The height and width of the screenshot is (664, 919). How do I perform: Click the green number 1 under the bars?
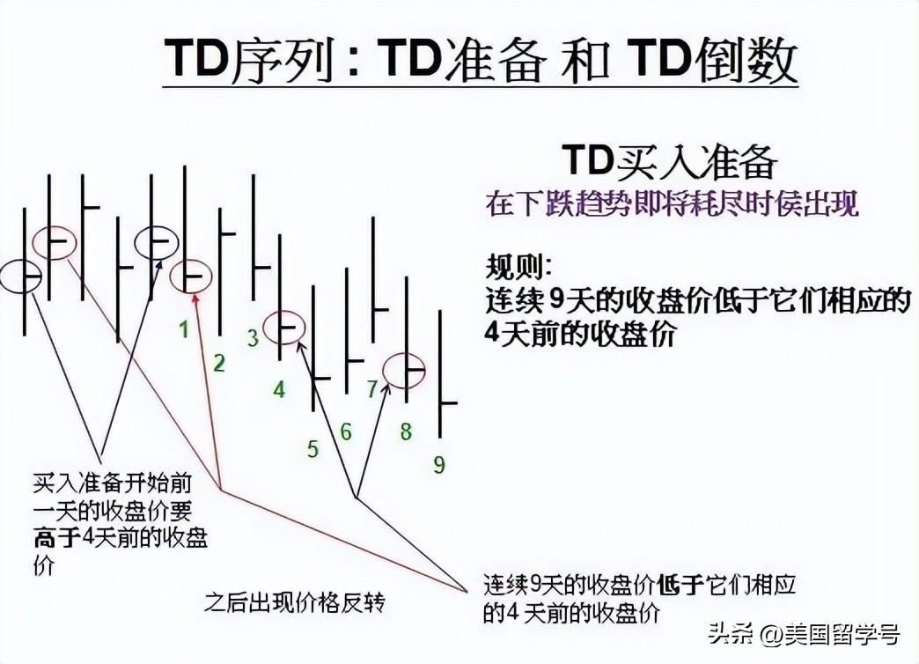[x=184, y=330]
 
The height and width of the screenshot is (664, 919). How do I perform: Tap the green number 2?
[x=219, y=362]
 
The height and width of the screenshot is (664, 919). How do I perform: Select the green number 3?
[x=253, y=337]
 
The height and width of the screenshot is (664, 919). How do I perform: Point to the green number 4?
[x=279, y=388]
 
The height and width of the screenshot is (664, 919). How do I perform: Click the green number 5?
[x=312, y=449]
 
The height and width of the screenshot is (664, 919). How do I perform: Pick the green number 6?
[x=346, y=432]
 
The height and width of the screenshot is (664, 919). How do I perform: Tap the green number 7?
[x=371, y=388]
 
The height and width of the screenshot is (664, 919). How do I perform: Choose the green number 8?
[x=406, y=432]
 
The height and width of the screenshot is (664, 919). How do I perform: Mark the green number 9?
[x=438, y=465]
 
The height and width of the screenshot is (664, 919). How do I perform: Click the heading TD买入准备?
[x=670, y=162]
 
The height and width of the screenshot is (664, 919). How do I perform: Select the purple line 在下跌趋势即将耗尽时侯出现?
[x=672, y=204]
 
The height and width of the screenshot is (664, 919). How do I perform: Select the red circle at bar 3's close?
[x=284, y=328]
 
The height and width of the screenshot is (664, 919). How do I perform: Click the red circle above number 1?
[x=189, y=277]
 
